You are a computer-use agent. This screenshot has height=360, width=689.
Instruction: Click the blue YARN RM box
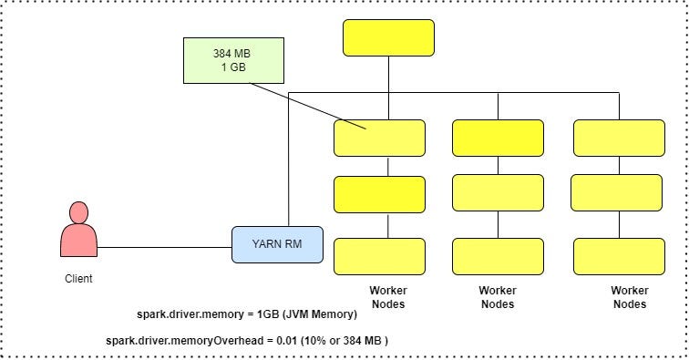(277, 244)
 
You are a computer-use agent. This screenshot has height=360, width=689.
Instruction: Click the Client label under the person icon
(78, 279)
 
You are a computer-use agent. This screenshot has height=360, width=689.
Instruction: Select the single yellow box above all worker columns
(388, 37)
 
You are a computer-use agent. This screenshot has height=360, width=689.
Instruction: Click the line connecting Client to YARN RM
(164, 246)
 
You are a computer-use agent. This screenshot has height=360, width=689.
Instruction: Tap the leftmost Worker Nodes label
(387, 297)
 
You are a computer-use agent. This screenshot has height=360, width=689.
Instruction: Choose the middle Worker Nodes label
(498, 297)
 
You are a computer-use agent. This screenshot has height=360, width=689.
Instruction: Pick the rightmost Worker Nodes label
(630, 297)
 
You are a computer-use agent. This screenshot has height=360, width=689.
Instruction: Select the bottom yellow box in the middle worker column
(498, 256)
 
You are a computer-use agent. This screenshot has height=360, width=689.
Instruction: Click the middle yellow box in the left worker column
(380, 194)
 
